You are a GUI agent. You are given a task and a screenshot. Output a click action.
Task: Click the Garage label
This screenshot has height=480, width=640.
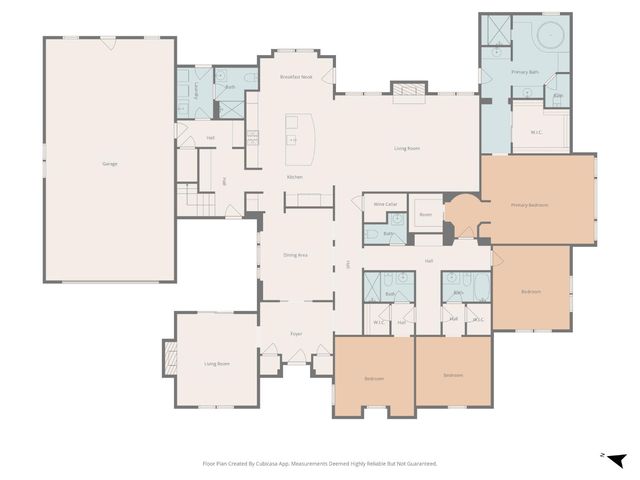(109, 163)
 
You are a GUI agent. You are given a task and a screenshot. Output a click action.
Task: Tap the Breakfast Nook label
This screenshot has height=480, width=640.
(297, 77)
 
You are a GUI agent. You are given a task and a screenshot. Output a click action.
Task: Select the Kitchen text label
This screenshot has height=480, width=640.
(294, 177)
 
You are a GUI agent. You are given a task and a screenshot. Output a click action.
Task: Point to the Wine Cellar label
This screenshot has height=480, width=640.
(386, 204)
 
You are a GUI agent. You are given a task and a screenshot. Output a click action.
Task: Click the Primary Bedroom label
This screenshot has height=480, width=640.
(530, 205)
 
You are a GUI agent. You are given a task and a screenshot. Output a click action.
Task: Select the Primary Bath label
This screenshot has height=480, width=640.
(526, 73)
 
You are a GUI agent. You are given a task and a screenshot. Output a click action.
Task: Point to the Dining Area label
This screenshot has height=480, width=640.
(295, 255)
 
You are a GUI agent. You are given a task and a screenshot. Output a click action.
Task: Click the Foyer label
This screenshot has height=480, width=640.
(296, 334)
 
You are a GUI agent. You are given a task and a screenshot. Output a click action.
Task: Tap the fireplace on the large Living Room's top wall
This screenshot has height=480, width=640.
(406, 93)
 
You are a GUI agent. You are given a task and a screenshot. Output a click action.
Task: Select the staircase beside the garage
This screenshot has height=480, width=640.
(191, 197)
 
